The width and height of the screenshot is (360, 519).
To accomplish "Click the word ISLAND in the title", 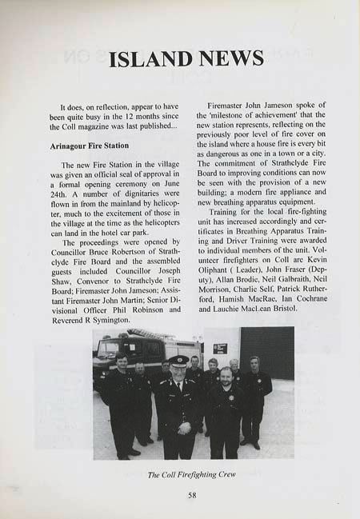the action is [x=149, y=58].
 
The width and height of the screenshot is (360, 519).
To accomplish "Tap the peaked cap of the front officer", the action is [x=178, y=360].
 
